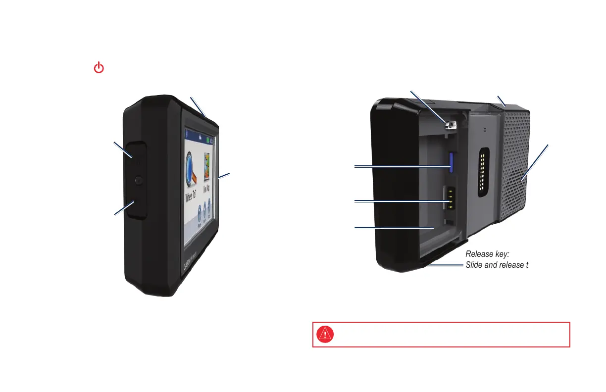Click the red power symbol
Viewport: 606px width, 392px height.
(x=99, y=68)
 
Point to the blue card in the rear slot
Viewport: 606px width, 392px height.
(x=452, y=160)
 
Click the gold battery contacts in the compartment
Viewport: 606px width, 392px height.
(x=450, y=198)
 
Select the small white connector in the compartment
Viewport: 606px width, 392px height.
(x=450, y=126)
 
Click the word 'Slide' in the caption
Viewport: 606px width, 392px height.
(x=474, y=265)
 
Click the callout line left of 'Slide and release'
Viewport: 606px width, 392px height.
(x=446, y=264)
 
